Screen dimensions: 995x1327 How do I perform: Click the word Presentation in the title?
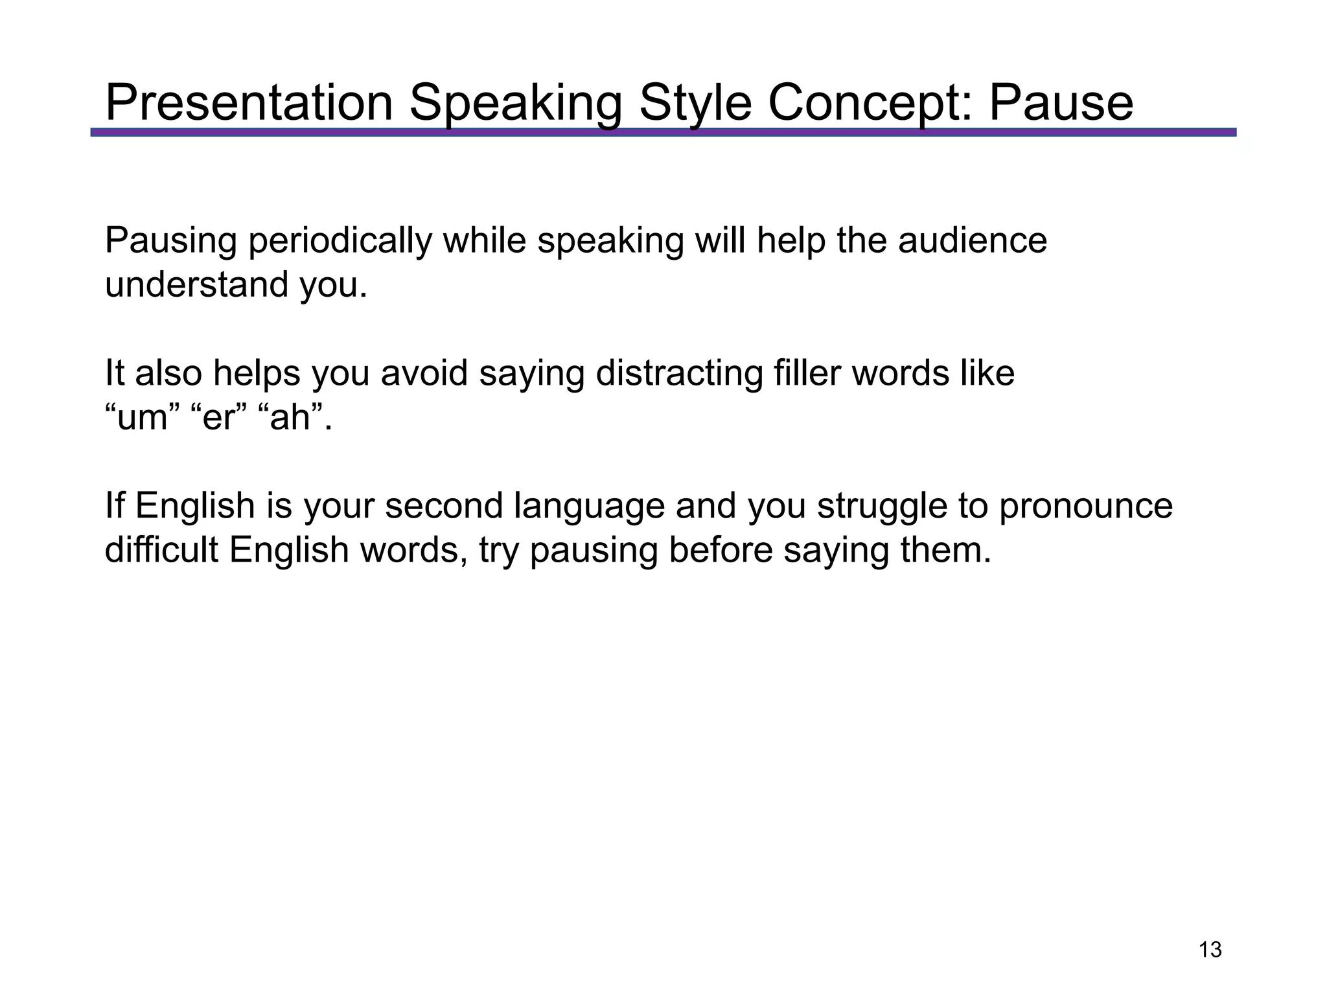pyautogui.click(x=249, y=103)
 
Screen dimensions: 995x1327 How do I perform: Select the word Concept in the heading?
pyautogui.click(x=870, y=103)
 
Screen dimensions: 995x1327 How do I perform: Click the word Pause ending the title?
pyautogui.click(x=1061, y=103)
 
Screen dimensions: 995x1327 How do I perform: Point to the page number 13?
pyautogui.click(x=1210, y=950)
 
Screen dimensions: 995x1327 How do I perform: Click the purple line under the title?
pyautogui.click(x=663, y=132)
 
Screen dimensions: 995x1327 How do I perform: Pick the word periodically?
pyautogui.click(x=340, y=242)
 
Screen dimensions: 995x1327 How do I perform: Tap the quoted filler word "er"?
pyautogui.click(x=220, y=418)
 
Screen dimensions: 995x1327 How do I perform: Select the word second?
pyautogui.click(x=444, y=506)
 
